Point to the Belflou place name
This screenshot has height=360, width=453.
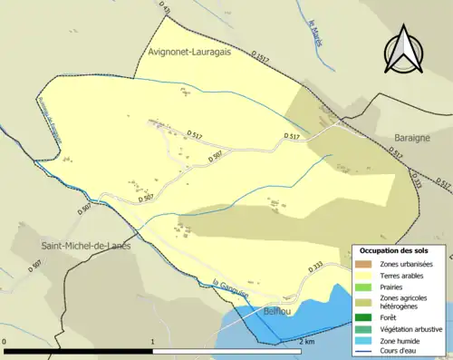click(x=276, y=311)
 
